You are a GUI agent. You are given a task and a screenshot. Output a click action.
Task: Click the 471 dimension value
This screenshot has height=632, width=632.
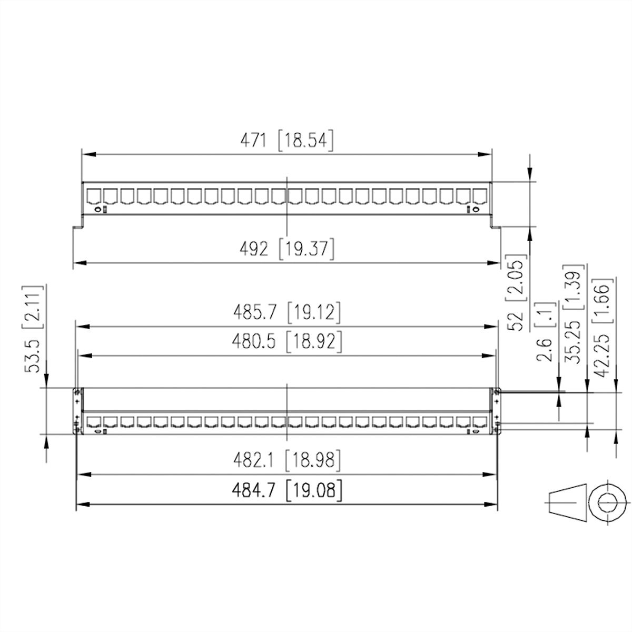click(x=253, y=141)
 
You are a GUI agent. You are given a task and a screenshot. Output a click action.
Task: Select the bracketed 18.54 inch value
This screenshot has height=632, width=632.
click(x=305, y=141)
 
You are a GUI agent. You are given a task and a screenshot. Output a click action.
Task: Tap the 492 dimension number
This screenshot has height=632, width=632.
click(x=254, y=249)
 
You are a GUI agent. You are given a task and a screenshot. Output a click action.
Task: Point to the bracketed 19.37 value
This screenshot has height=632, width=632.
click(x=307, y=249)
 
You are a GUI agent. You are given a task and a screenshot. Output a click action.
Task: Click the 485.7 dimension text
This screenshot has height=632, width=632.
click(x=255, y=312)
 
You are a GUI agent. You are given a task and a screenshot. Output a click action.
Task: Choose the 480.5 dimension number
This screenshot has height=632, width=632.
click(x=254, y=341)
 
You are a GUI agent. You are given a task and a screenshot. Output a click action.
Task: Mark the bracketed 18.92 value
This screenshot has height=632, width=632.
click(x=314, y=341)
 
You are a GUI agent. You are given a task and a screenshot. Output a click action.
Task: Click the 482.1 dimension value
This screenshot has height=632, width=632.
click(x=253, y=460)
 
